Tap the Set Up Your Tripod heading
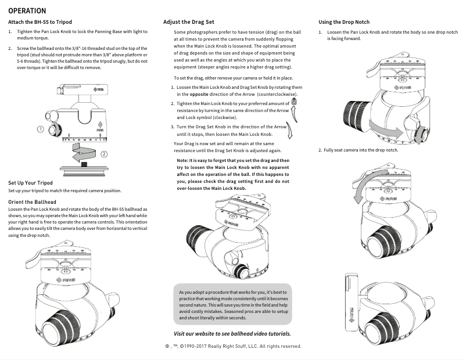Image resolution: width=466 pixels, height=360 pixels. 31,182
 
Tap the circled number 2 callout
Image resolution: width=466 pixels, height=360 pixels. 104,154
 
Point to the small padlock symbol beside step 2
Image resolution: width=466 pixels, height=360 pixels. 293,101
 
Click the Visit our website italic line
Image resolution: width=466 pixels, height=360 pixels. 232,333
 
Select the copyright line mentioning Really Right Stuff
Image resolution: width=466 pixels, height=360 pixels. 232,346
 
